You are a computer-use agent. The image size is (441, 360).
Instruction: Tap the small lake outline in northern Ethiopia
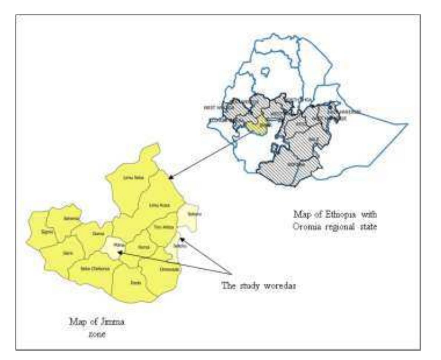(x=266, y=71)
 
